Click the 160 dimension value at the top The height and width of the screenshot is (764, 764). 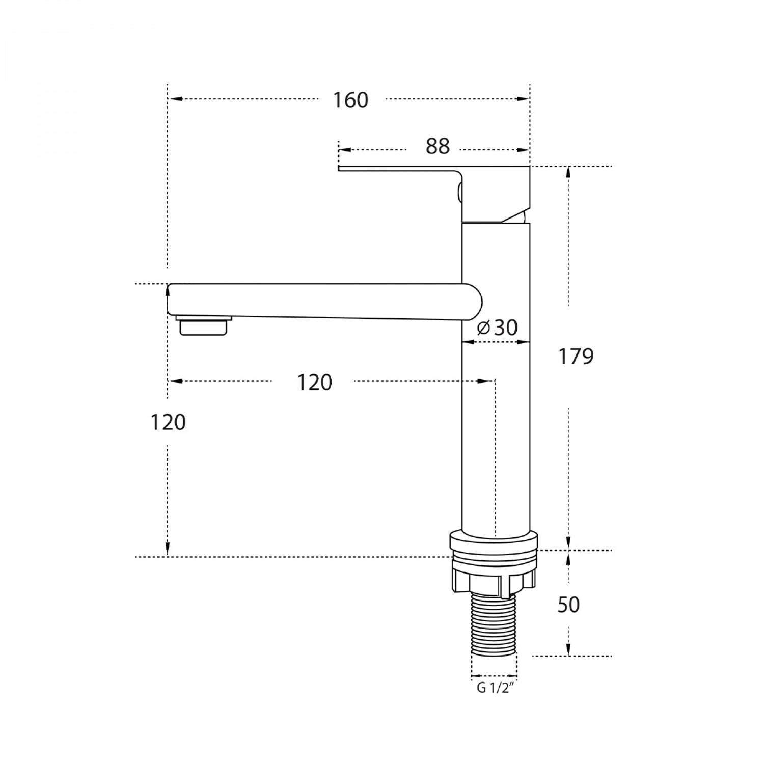350,100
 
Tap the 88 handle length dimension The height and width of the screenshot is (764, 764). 438,147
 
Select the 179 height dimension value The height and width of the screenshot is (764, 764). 576,357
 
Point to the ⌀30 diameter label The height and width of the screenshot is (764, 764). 497,328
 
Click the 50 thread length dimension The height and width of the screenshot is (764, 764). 568,605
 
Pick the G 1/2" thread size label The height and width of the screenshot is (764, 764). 494,688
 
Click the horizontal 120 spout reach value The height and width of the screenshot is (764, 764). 315,382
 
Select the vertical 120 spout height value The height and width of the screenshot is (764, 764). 168,422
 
